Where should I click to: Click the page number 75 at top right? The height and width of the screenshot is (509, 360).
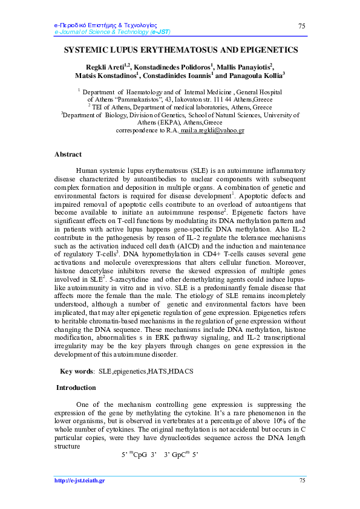click(x=302, y=25)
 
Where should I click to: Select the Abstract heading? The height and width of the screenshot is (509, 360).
click(x=68, y=154)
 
